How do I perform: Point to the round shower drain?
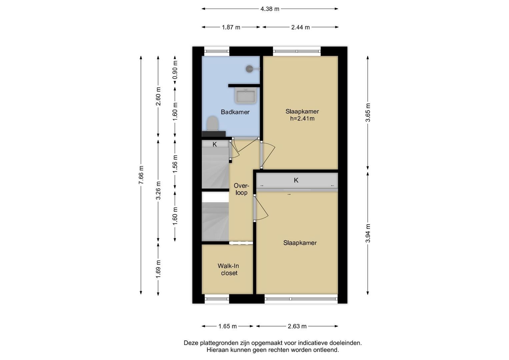(250, 69)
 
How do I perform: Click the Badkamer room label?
(235, 112)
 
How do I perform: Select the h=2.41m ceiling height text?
(302, 118)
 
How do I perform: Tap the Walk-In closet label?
(229, 269)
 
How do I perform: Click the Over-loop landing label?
(242, 189)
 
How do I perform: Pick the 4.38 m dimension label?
(270, 9)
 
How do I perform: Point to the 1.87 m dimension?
(231, 27)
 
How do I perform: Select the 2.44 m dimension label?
(300, 27)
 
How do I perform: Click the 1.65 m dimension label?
(227, 326)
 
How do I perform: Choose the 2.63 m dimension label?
(297, 326)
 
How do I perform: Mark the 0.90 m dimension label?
(175, 70)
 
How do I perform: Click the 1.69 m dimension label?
(158, 269)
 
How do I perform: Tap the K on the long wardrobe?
(296, 180)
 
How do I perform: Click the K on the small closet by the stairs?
(215, 144)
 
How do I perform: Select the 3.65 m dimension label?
(368, 113)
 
